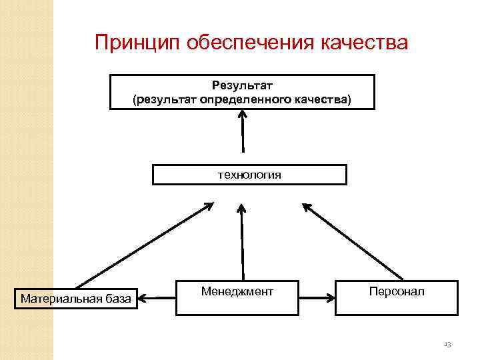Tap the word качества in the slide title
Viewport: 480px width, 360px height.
365,43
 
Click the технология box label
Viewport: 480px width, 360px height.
249,175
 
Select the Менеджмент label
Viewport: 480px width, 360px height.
237,291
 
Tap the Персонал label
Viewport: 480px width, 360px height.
396,291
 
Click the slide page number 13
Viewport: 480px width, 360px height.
447,344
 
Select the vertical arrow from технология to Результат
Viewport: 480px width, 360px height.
243,133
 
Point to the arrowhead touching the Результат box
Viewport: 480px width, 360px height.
242,115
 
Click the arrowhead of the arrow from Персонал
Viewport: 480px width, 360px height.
307,207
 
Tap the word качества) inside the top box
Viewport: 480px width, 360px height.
326,100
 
